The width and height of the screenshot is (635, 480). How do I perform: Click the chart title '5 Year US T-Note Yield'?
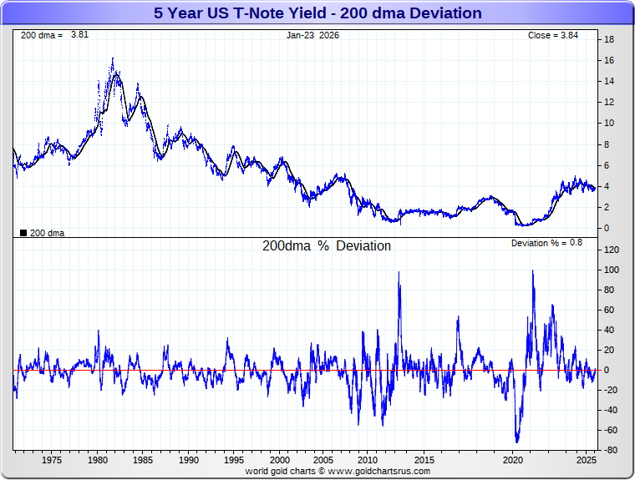(317, 13)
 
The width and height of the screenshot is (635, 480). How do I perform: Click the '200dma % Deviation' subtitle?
(326, 246)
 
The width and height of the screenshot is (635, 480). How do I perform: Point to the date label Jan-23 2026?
(312, 35)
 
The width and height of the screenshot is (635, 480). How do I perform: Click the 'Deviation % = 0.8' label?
(546, 242)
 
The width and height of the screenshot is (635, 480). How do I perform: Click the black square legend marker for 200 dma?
(23, 233)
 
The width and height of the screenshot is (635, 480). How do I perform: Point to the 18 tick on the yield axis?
(610, 39)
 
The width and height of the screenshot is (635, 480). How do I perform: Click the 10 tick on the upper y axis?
(610, 123)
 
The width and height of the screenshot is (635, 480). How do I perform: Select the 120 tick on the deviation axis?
(612, 250)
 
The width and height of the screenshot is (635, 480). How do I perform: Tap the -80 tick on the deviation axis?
(612, 451)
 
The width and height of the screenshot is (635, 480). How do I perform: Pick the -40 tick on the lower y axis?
(612, 410)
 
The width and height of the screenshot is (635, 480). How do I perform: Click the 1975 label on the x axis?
(52, 460)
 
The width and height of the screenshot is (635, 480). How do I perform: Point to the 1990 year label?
(189, 460)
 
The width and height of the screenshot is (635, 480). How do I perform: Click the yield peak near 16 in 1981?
(113, 59)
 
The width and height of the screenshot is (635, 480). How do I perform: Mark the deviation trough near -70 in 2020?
(517, 441)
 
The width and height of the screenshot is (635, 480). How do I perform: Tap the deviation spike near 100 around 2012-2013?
(399, 272)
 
